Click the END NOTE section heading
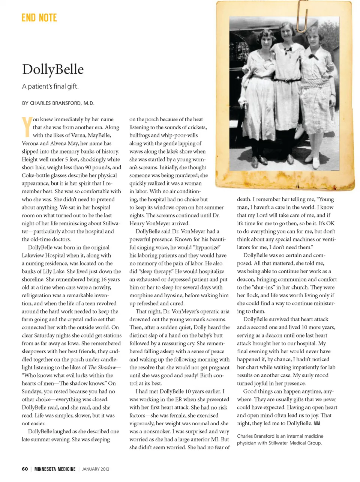[x=39, y=18]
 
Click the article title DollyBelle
[x=53, y=69]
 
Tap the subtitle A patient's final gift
[x=50, y=86]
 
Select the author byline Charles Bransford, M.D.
[x=58, y=103]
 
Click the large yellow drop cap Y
[x=27, y=127]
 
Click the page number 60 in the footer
[x=25, y=469]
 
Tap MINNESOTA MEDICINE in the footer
[x=55, y=469]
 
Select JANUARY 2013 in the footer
[x=96, y=469]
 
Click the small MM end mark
[x=317, y=423]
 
